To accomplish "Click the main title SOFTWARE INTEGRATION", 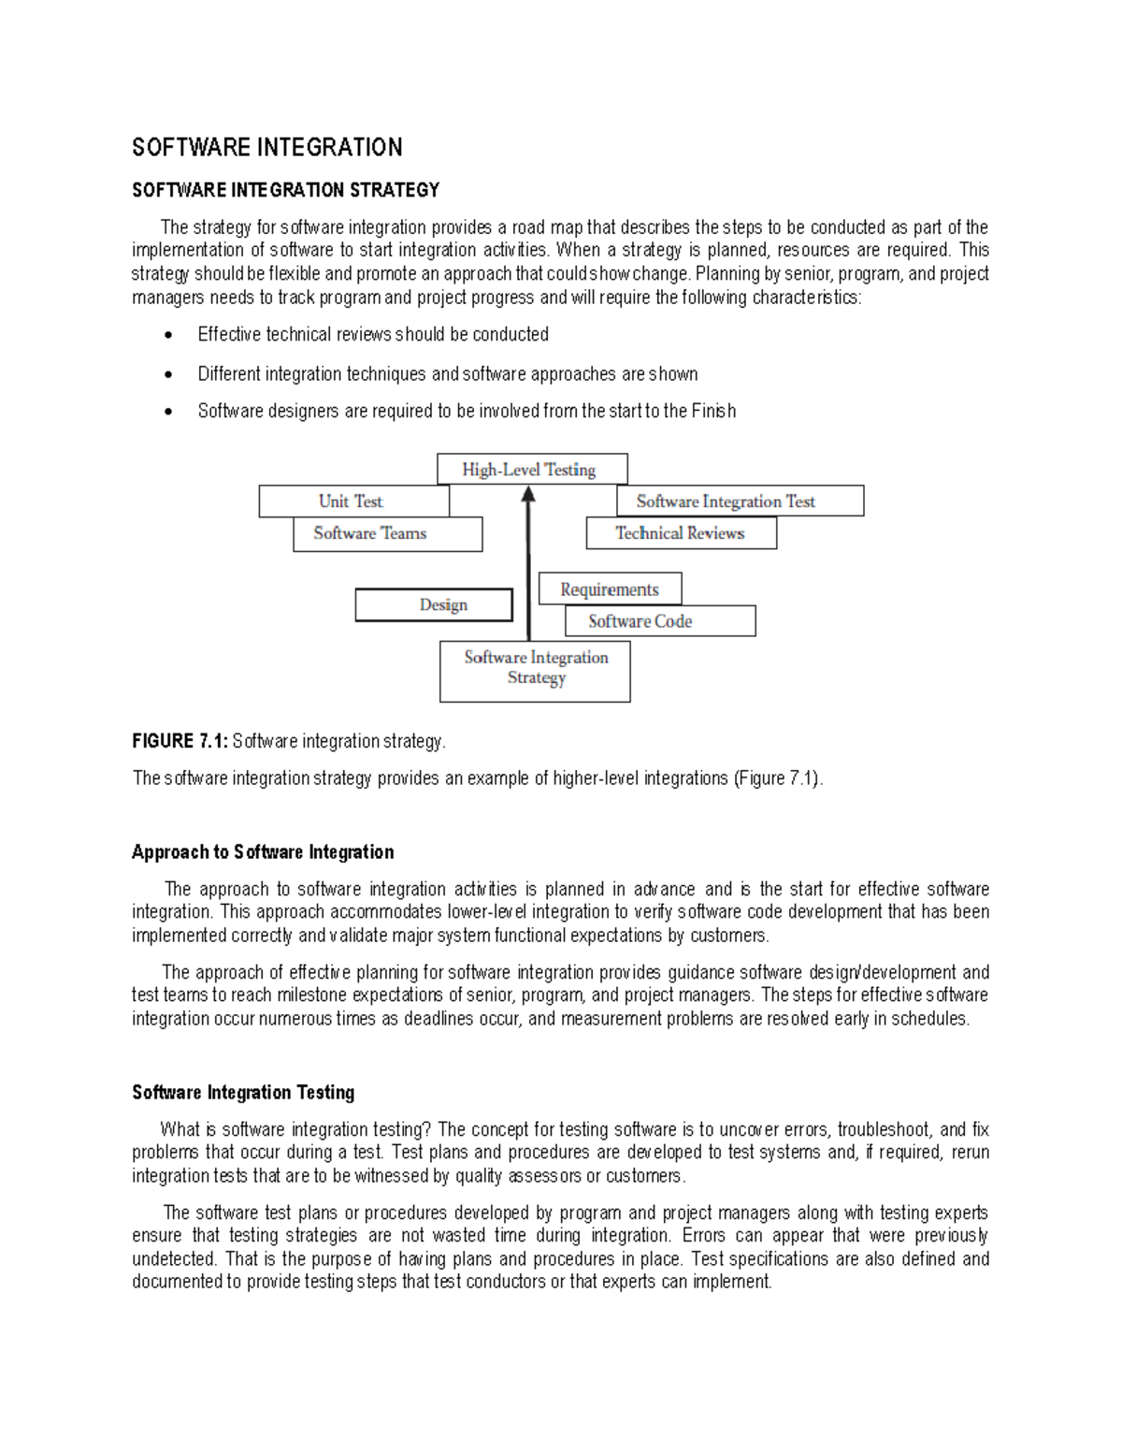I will pyautogui.click(x=267, y=148).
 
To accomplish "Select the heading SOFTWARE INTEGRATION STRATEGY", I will pyautogui.click(x=285, y=190).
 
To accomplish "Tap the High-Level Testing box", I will pyautogui.click(x=531, y=470).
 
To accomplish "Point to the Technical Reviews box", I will pyautogui.click(x=680, y=533).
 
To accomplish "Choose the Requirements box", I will pyautogui.click(x=610, y=589).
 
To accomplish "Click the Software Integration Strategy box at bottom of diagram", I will pyautogui.click(x=536, y=669).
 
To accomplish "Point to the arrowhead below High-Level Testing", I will pyautogui.click(x=528, y=495).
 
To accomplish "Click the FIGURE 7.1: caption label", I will pyautogui.click(x=180, y=741).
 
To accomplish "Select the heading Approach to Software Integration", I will pyautogui.click(x=263, y=852).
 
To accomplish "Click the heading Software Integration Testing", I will pyautogui.click(x=243, y=1093).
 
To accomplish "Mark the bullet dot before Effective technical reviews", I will pyautogui.click(x=168, y=336).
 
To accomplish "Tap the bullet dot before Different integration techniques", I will pyautogui.click(x=168, y=375).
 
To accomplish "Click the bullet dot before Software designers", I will pyautogui.click(x=168, y=412).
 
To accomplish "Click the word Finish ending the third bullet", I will pyautogui.click(x=713, y=411).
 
